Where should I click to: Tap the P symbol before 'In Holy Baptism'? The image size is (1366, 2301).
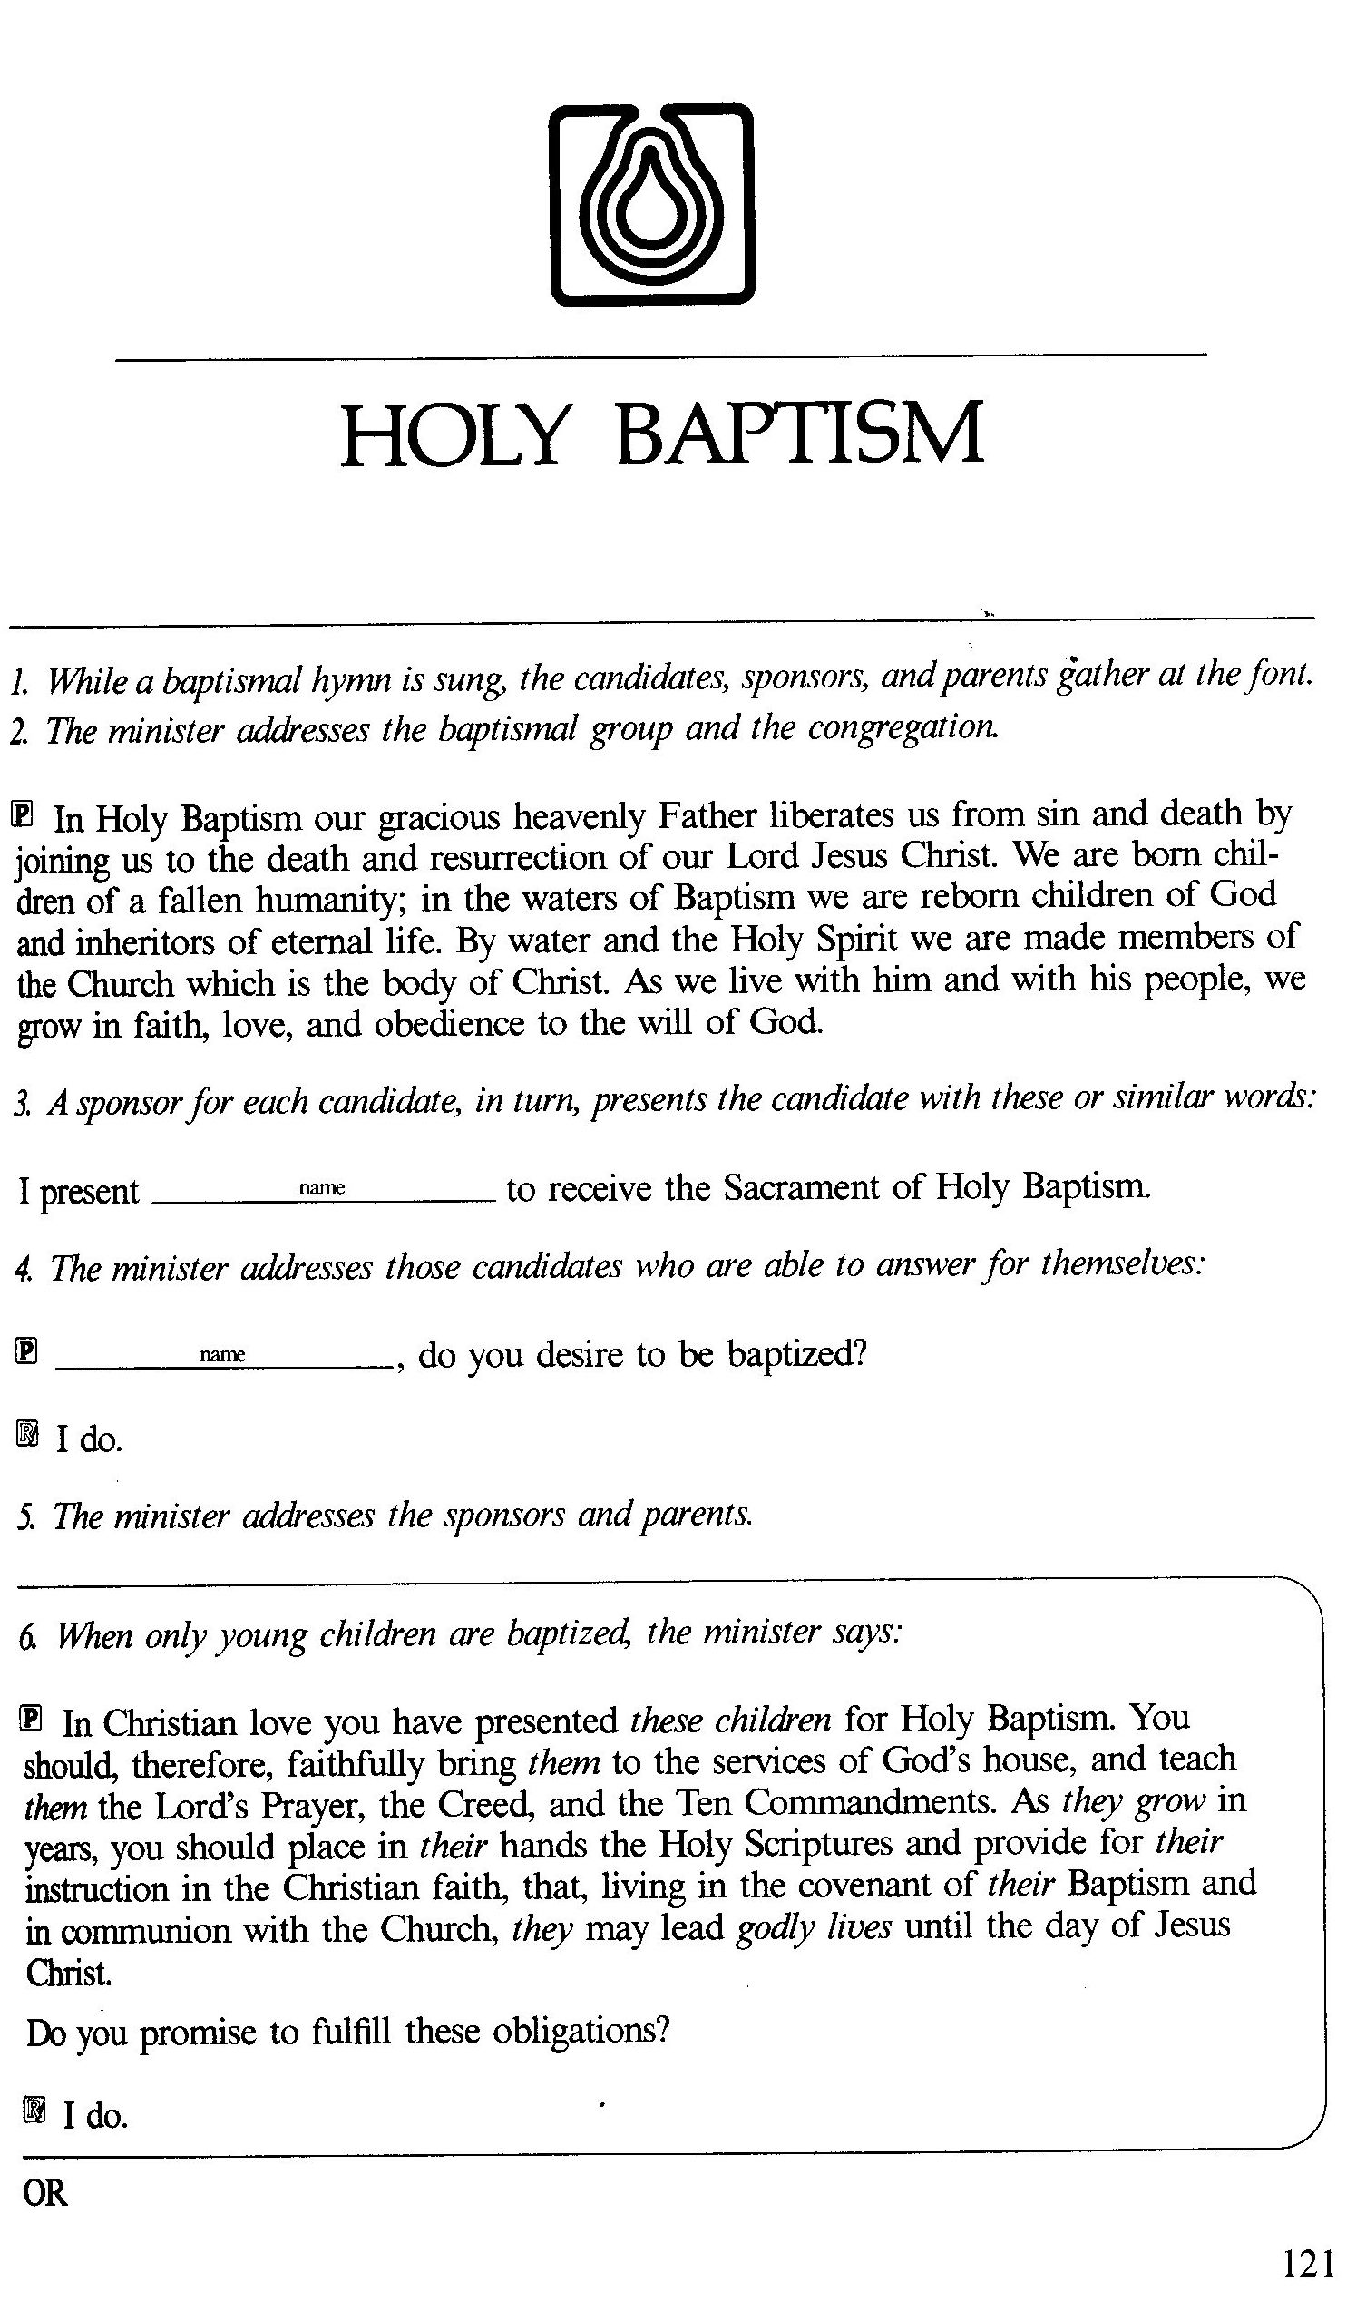[25, 814]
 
